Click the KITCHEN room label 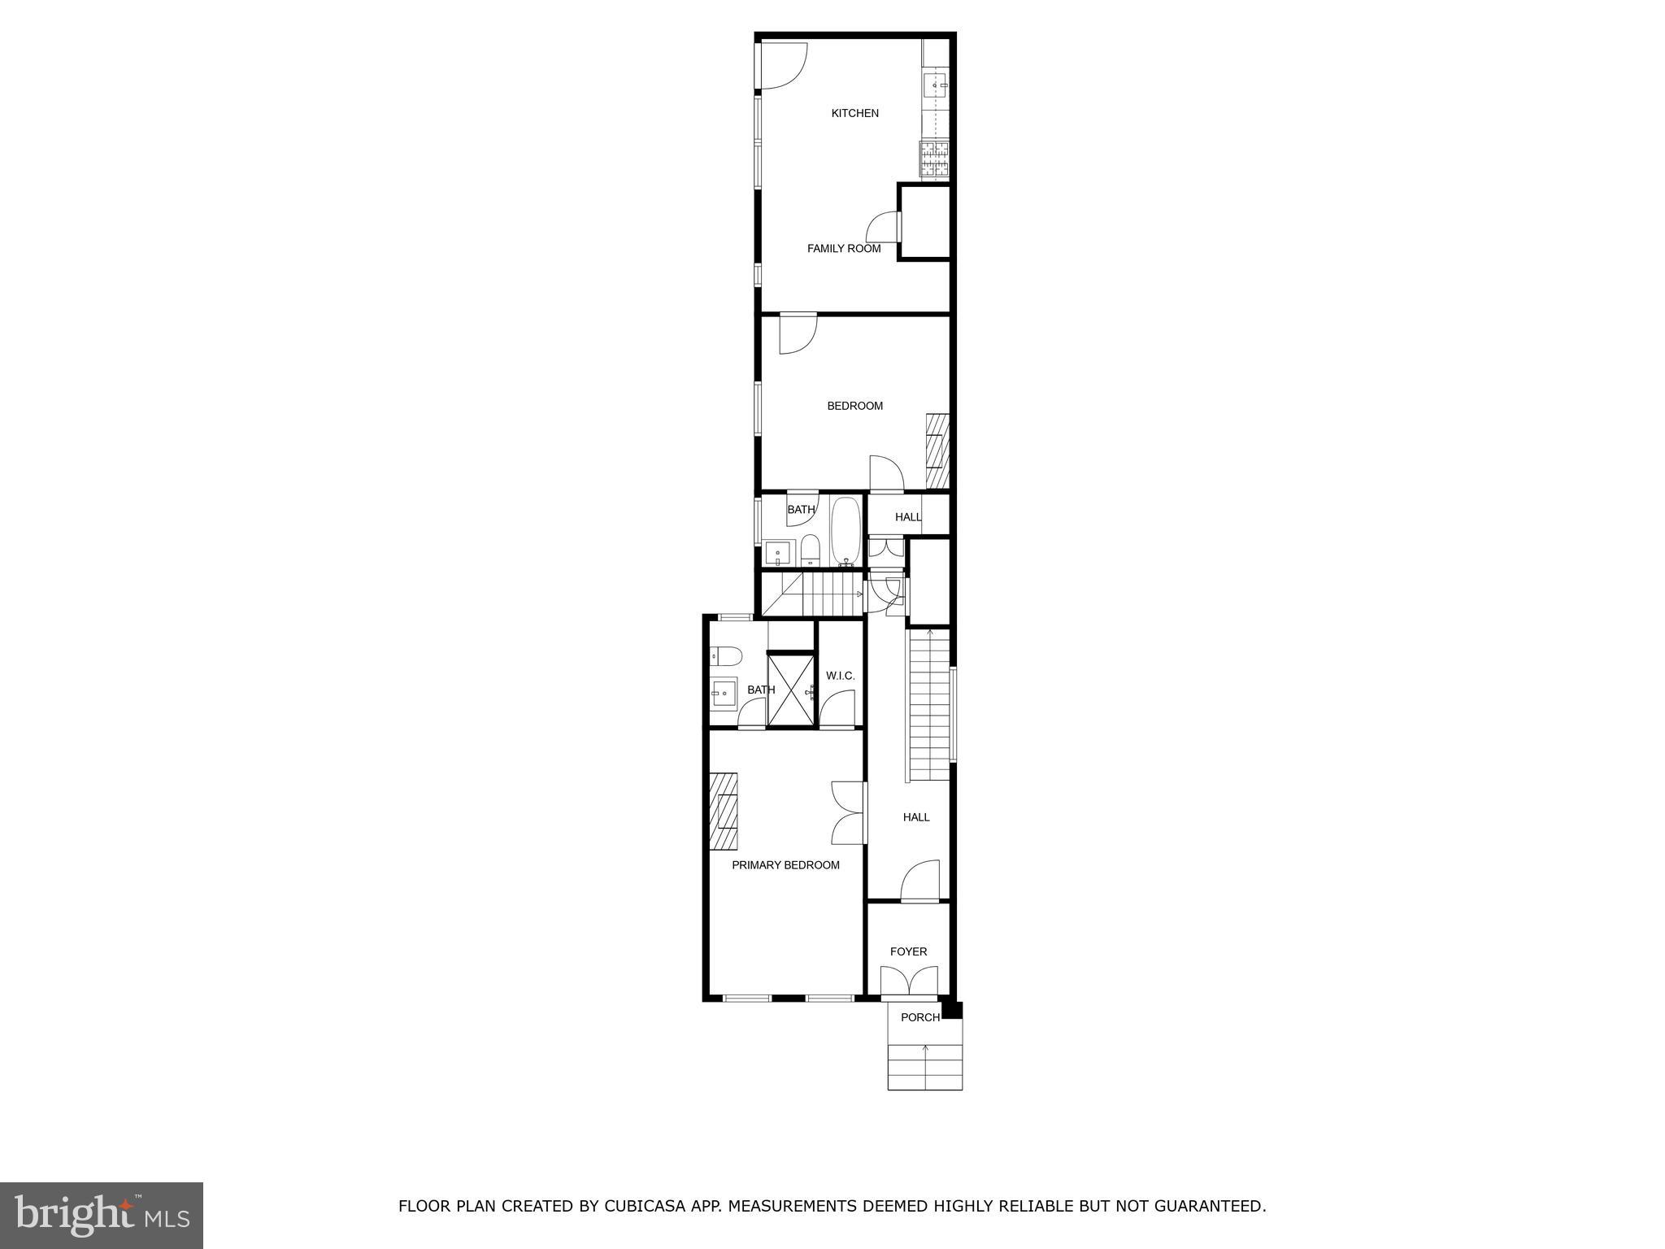(x=854, y=114)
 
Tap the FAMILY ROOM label (x=843, y=249)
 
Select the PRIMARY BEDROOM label (x=785, y=865)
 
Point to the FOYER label (x=908, y=951)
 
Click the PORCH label (x=919, y=1017)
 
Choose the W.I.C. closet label (x=840, y=676)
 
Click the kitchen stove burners (x=934, y=159)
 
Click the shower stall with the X (x=791, y=690)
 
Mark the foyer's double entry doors (x=909, y=982)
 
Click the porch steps (x=924, y=1066)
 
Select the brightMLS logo (x=102, y=1215)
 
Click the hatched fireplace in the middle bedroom (x=937, y=451)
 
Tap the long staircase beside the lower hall (x=928, y=704)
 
